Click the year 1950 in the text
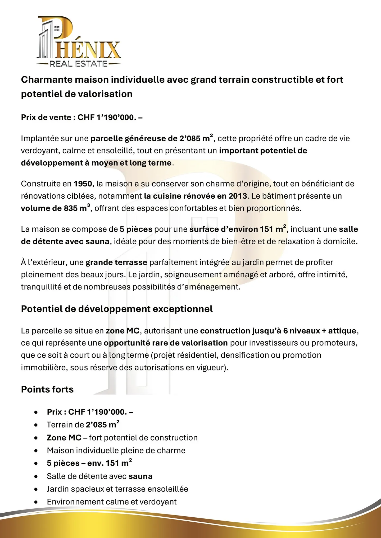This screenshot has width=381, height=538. [x=83, y=184]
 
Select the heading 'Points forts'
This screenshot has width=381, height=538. [x=47, y=389]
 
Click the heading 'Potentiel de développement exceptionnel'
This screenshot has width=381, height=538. [x=117, y=309]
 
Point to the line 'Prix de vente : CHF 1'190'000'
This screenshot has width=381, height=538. [x=82, y=117]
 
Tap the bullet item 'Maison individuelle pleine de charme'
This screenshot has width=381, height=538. [x=116, y=450]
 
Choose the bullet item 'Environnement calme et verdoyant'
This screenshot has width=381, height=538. [x=111, y=502]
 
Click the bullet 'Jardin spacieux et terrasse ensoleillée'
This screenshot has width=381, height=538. [x=117, y=489]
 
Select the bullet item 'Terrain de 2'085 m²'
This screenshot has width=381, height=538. [x=83, y=425]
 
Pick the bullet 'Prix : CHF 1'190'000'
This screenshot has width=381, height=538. [x=90, y=412]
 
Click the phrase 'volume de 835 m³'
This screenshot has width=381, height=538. [x=55, y=208]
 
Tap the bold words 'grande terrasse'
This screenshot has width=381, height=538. [x=116, y=263]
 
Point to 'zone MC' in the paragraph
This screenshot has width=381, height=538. [x=123, y=331]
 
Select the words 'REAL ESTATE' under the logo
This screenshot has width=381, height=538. [x=78, y=64]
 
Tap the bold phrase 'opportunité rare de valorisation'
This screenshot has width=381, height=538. [x=166, y=343]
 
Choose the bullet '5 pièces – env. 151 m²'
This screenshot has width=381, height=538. [x=89, y=463]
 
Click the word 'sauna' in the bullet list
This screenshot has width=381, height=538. [x=140, y=476]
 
